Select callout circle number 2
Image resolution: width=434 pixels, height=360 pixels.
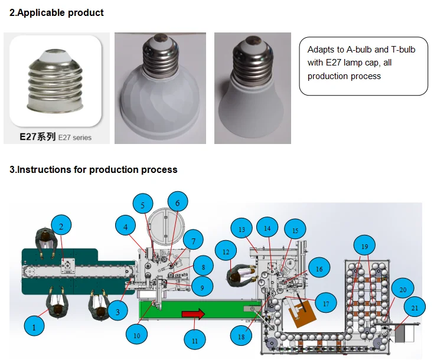pos(61,225)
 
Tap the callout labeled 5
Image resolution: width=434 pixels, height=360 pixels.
pos(142,205)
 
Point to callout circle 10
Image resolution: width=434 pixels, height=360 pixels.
pos(137,335)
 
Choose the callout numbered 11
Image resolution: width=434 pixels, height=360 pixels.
pos(195,339)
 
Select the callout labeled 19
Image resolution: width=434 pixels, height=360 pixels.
pos(364,245)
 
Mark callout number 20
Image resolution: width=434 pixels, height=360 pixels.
pos(402,289)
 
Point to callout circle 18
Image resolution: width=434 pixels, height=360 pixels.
pos(240,336)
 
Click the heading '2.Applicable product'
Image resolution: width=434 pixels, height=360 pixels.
pos(57,12)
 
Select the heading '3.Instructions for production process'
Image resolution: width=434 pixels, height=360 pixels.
pos(93,169)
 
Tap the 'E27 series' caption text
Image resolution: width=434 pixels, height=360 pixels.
pos(74,138)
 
